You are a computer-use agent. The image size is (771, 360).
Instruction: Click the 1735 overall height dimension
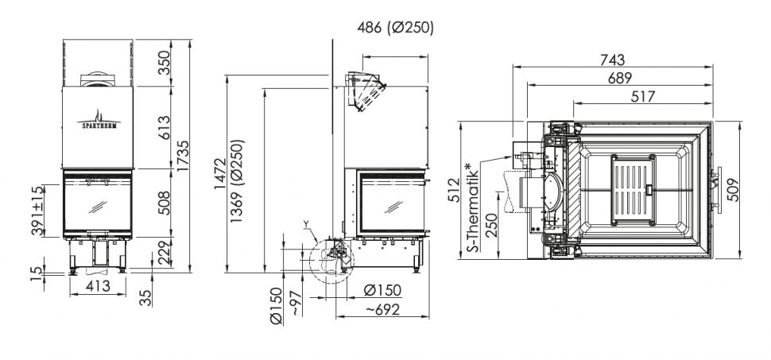(x=183, y=157)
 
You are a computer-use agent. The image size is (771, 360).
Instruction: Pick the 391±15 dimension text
(x=37, y=211)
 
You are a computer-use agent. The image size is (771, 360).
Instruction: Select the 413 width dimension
(x=97, y=285)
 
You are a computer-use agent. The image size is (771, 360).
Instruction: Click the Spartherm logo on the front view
(x=99, y=119)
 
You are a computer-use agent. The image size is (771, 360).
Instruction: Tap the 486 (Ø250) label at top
(x=395, y=28)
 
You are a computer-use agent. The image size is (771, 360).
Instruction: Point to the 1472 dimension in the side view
(x=220, y=173)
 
